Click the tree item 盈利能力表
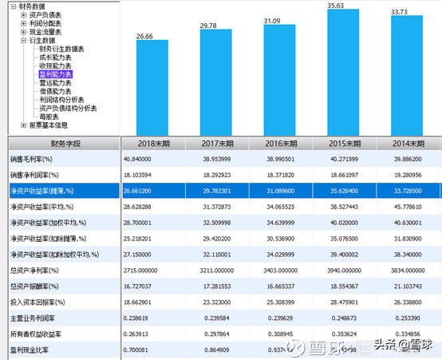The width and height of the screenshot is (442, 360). pos(55,73)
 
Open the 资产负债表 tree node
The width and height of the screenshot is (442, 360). pos(49,15)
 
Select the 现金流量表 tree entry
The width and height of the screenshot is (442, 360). pos(49,32)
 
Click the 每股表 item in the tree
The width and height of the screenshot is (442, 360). pos(49,116)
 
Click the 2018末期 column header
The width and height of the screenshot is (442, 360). pos(152,144)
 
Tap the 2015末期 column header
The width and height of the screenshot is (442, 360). pos(337,144)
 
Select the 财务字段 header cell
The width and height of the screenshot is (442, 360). pos(61,144)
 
